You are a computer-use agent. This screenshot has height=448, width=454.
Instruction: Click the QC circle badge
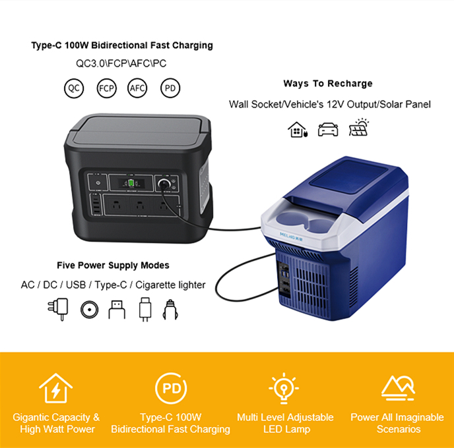pos(74,88)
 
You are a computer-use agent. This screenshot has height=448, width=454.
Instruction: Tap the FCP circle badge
pos(106,88)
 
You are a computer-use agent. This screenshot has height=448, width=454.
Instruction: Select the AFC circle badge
pos(137,88)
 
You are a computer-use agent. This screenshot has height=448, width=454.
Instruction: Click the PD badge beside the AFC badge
pos(170,88)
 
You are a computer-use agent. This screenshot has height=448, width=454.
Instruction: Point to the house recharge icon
pos(298,129)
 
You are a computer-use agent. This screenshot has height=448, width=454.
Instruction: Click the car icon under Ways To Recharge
pos(328,129)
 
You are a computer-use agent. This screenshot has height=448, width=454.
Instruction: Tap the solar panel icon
pos(360,128)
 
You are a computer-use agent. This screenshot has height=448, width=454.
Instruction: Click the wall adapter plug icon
pos(57,308)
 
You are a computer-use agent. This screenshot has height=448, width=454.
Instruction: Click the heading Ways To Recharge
pos(328,84)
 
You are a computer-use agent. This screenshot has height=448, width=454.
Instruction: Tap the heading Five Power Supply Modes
pos(113,266)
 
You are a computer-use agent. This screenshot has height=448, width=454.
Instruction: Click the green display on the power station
pos(132,182)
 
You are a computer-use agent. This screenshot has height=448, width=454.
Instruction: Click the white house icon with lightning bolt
pos(55,389)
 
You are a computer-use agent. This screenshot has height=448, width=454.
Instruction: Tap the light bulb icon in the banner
pos(284,389)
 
